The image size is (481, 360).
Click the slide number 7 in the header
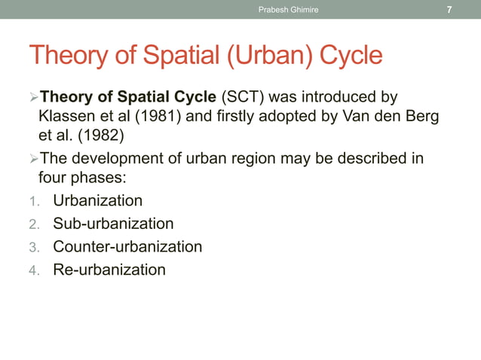449,10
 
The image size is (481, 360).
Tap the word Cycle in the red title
351,55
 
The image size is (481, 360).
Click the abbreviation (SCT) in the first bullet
242,98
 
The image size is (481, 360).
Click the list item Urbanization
97,201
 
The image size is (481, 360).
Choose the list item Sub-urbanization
113,224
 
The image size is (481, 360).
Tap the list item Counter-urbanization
127,246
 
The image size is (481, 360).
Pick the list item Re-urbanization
109,269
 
